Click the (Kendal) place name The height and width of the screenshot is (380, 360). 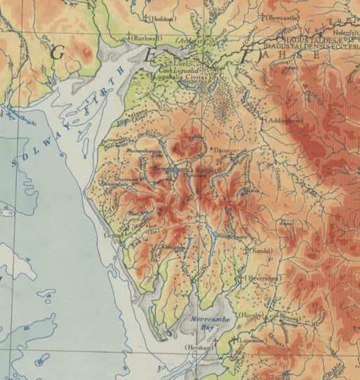262,250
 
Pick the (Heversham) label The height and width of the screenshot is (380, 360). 263,278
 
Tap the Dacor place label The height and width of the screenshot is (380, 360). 220,150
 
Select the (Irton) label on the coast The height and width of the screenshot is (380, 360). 114,236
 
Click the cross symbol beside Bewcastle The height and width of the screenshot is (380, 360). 262,16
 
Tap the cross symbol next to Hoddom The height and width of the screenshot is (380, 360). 145,18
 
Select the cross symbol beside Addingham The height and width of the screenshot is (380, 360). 265,121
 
